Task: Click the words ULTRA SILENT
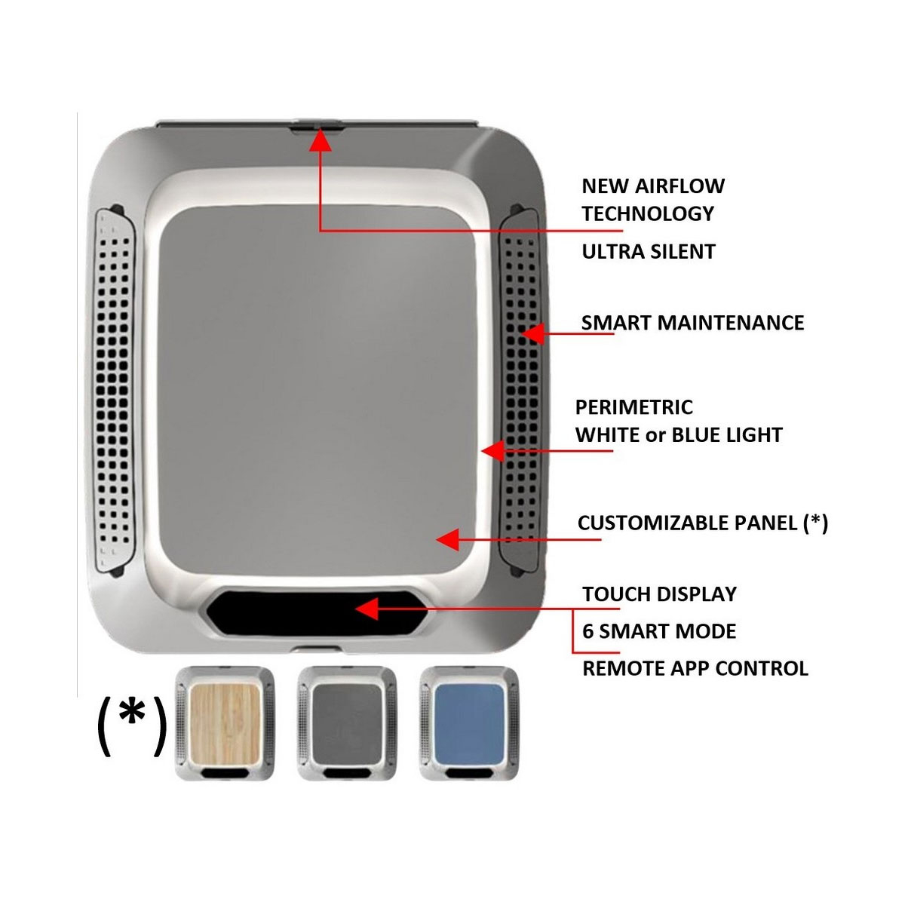point(649,251)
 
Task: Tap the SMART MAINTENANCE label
point(692,323)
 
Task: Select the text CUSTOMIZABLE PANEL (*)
point(702,523)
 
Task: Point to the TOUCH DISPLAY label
point(659,594)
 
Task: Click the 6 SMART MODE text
point(659,630)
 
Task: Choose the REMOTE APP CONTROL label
point(695,668)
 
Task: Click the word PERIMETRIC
point(633,407)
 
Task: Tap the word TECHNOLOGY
point(648,213)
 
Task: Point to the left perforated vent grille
point(115,392)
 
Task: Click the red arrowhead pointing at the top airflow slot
point(321,141)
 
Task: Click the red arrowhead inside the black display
point(366,608)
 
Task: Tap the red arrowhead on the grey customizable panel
point(447,539)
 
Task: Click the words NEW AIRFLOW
point(653,186)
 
